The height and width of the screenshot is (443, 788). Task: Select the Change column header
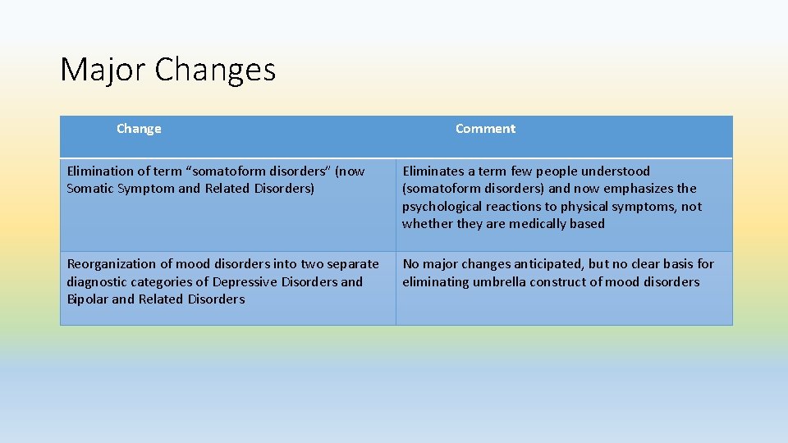point(139,129)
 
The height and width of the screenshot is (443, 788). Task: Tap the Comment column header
point(485,129)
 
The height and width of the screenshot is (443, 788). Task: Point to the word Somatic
point(90,189)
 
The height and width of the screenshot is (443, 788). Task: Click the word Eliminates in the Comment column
point(433,171)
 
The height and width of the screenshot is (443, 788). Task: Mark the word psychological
point(442,207)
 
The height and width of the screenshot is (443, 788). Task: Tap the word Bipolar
point(87,299)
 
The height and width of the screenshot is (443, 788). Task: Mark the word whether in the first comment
point(425,224)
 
